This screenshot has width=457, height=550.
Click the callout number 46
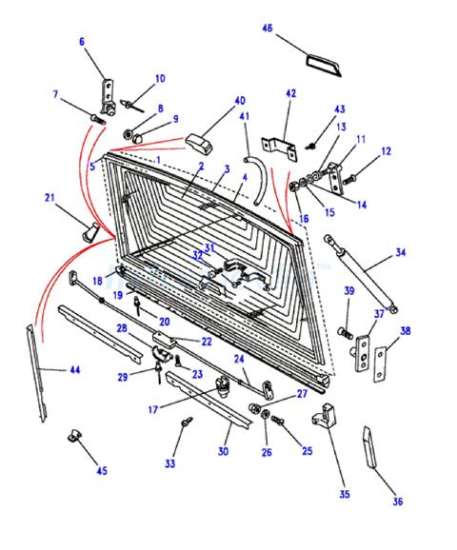268,28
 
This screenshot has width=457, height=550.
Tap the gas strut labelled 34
361,273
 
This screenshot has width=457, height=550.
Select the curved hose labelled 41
258,181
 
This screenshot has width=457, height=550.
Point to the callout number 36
397,501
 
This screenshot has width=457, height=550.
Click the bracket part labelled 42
280,147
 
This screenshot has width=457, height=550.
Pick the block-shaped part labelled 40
199,143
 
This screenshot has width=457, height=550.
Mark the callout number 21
50,198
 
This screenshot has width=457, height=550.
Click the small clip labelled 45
74,435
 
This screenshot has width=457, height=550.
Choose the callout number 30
223,451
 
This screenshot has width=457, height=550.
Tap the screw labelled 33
187,422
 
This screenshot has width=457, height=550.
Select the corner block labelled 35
325,416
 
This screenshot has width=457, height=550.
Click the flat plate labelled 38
380,363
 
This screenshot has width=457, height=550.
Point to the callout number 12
386,151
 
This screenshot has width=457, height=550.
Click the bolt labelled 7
98,119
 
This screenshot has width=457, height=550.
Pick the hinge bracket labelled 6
109,97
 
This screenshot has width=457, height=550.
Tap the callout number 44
75,369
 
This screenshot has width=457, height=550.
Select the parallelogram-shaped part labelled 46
324,65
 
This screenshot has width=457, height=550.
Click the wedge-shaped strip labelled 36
369,447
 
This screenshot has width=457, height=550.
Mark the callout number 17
153,409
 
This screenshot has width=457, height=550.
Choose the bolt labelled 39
346,332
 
